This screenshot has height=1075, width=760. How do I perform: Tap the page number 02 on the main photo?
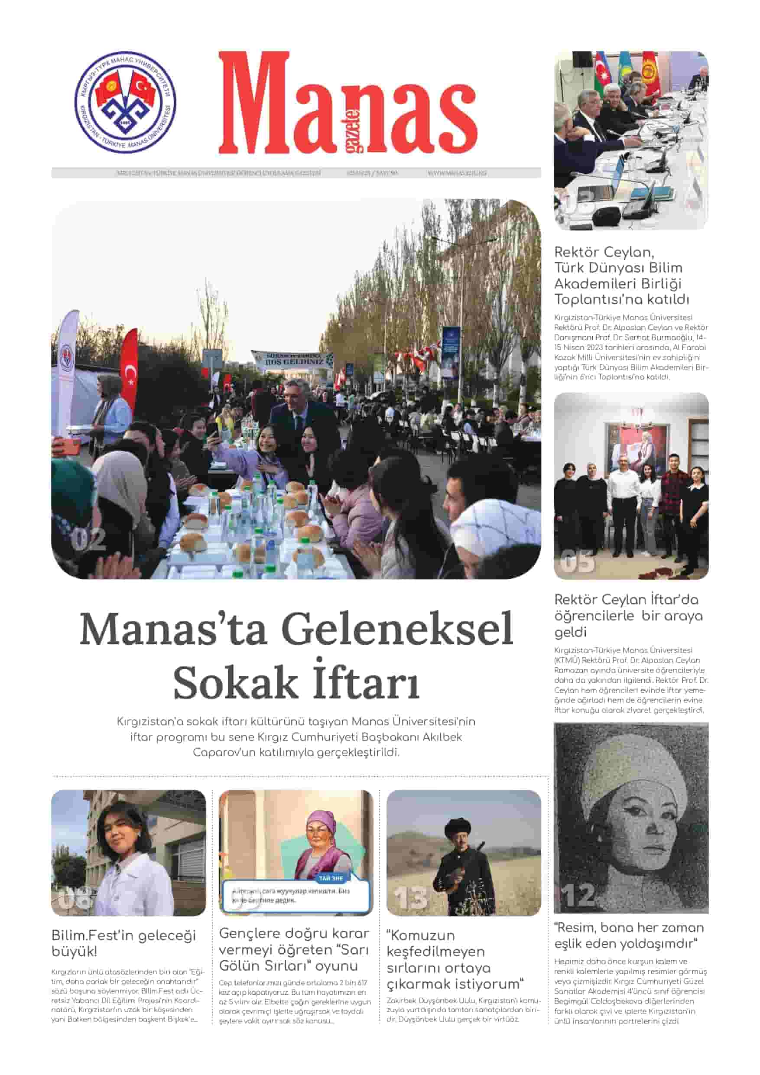click(x=88, y=540)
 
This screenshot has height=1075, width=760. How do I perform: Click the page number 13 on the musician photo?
click(x=410, y=897)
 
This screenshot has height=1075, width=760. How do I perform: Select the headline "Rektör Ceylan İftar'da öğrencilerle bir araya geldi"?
click(x=628, y=615)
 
